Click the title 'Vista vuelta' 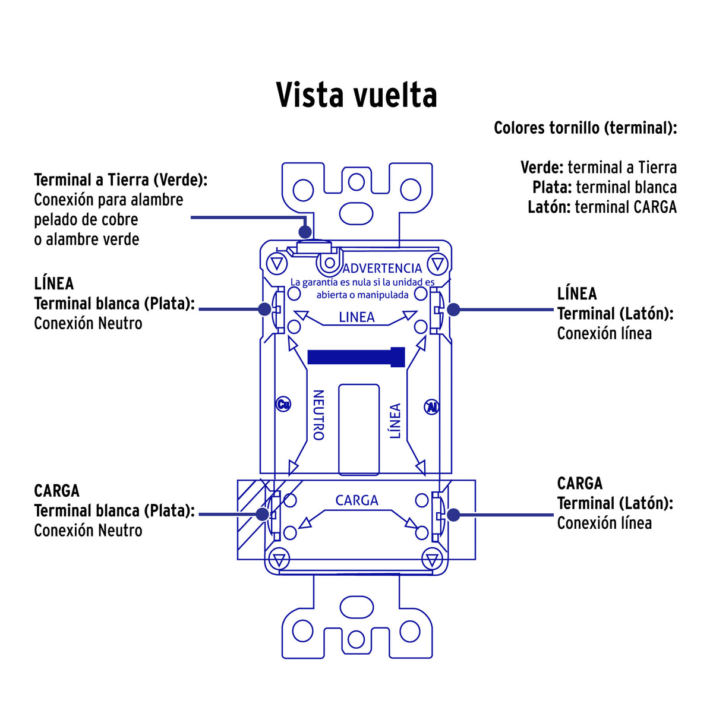tap(356, 94)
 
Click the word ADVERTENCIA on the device tap(382, 268)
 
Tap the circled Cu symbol tap(283, 404)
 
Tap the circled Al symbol tap(431, 407)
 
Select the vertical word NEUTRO tap(318, 415)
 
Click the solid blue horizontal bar tap(356, 357)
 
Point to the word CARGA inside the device tap(356, 500)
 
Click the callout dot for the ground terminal tap(305, 232)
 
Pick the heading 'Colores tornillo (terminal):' tap(585, 128)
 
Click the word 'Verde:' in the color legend tap(542, 167)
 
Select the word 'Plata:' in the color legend tap(553, 187)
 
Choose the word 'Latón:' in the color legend tap(550, 207)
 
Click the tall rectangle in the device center tap(359, 430)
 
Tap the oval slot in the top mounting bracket tap(356, 213)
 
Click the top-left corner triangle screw tap(277, 264)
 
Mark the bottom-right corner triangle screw tap(432, 560)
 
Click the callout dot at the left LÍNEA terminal tap(264, 310)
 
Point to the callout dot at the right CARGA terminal tap(453, 515)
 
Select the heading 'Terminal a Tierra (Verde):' tap(121, 180)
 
